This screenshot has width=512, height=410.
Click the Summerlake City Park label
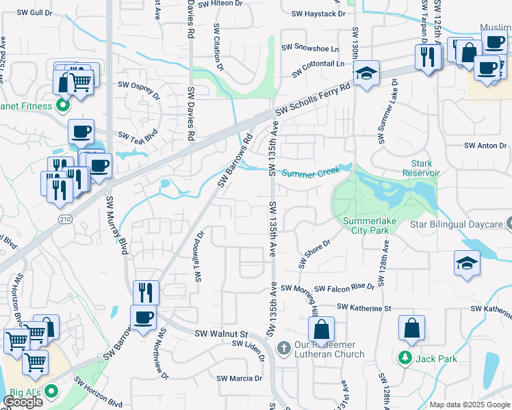[x=366, y=225]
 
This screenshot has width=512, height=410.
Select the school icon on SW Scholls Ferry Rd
[x=366, y=72]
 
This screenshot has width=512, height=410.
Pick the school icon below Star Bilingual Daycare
[x=466, y=263]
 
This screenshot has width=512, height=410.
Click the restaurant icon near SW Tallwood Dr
[x=145, y=292]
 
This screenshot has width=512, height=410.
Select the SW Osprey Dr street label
[x=141, y=85]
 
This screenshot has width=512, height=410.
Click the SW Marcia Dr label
[x=239, y=378]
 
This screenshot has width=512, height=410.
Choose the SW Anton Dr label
[x=485, y=146]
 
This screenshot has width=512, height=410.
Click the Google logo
[x=23, y=402]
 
